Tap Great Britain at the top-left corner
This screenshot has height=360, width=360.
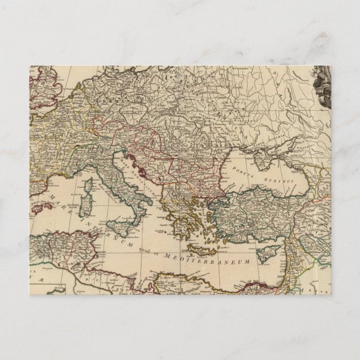(39, 89)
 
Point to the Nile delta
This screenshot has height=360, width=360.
(247, 291)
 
